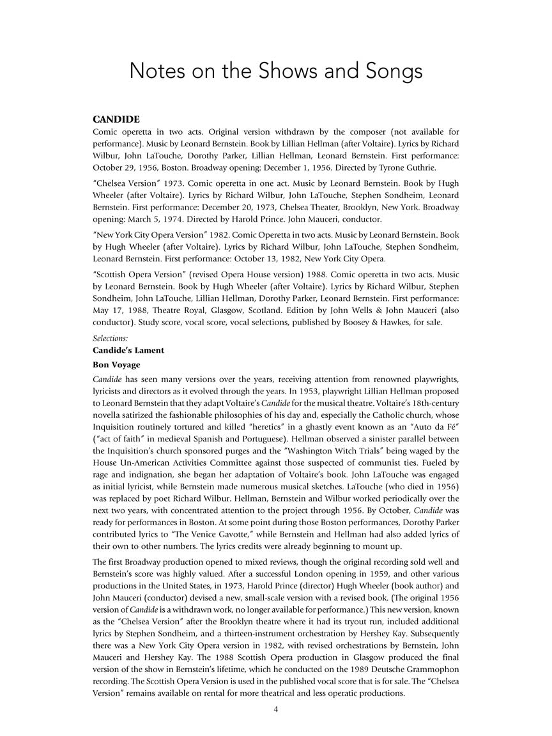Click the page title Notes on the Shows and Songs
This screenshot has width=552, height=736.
point(276,70)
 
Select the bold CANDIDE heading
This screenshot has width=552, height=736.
point(116,119)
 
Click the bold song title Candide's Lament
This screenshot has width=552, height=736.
point(128,350)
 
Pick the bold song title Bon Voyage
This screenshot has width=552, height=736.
point(116,365)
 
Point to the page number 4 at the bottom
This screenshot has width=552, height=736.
point(276,709)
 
